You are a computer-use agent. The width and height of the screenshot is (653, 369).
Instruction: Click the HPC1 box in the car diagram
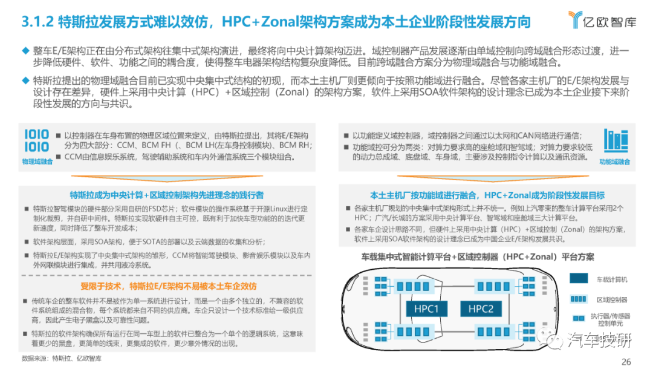coord(426,309)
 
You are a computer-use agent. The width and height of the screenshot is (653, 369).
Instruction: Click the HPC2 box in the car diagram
coord(481,309)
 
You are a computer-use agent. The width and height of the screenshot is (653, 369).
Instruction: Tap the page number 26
coord(626,362)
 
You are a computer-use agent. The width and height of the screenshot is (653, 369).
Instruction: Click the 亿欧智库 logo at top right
coord(602,19)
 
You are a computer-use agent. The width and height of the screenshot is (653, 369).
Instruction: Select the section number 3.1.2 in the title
coord(37,22)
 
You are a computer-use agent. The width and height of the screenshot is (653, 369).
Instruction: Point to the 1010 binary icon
coord(37,141)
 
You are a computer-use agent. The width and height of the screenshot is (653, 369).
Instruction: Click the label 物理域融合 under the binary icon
coord(37,162)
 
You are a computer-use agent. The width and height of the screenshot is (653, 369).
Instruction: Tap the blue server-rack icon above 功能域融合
coord(616,140)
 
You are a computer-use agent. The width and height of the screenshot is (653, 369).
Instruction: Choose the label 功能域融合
coord(615,162)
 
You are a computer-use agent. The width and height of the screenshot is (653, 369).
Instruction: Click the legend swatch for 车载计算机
coord(579,279)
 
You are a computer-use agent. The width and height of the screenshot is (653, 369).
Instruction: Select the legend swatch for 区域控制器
coord(579,299)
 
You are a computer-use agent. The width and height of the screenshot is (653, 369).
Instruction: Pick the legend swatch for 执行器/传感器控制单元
coord(579,319)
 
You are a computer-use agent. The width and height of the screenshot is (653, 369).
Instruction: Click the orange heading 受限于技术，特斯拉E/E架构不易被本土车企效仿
coord(168,286)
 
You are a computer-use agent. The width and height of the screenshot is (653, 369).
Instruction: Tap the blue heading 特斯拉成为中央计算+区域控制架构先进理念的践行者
coord(167,195)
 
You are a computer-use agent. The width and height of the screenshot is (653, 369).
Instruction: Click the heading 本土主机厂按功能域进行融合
coord(423,195)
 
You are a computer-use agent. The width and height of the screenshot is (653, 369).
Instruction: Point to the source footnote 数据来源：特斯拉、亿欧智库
coord(62,358)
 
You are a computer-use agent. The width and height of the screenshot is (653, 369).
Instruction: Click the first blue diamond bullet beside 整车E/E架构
coord(26,51)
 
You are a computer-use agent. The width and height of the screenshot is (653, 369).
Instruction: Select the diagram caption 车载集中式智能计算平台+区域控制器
coord(429,257)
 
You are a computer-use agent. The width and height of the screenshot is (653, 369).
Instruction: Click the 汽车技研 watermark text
coord(600,340)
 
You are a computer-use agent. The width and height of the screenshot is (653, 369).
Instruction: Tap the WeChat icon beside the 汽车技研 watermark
coord(550,339)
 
